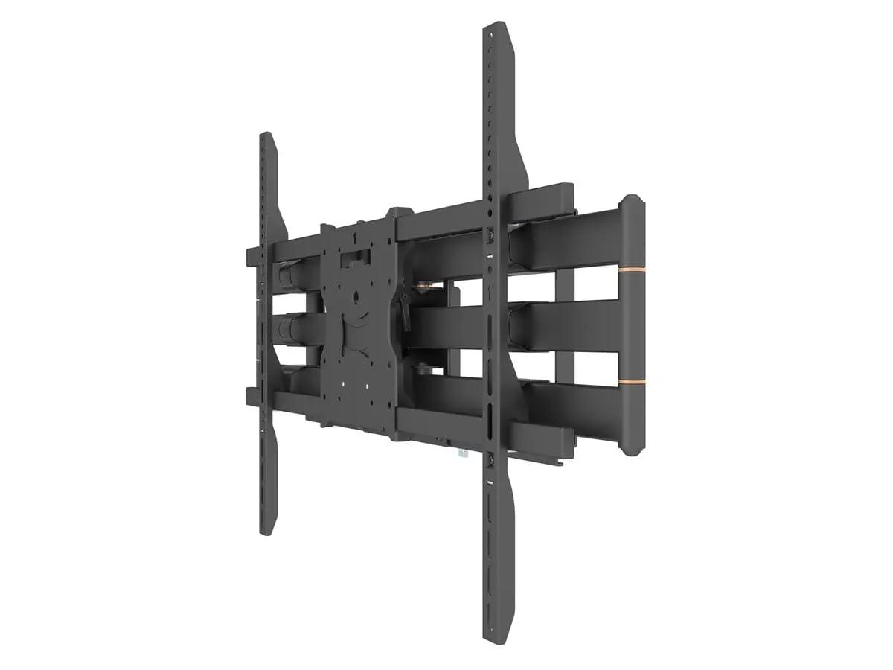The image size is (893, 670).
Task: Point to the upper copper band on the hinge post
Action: tap(632, 267)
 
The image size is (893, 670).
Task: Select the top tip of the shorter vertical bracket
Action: tap(264, 136)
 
